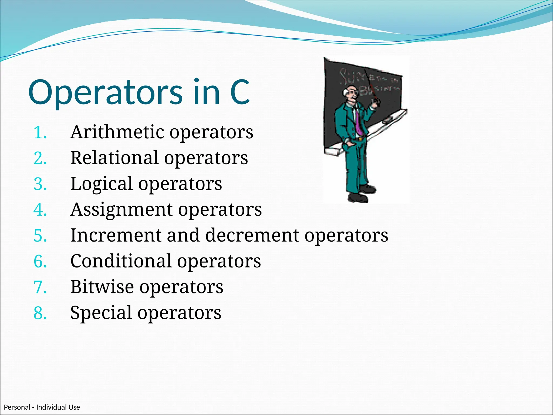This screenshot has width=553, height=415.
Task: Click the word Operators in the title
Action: click(105, 92)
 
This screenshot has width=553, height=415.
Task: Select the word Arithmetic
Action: click(117, 132)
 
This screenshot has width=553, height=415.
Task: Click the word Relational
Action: click(114, 158)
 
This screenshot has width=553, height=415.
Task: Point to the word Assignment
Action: click(121, 210)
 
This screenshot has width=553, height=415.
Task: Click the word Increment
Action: click(116, 235)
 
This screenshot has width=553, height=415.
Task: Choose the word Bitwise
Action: click(102, 287)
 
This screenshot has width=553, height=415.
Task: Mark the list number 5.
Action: click(40, 236)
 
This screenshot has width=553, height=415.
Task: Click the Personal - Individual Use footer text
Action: click(42, 407)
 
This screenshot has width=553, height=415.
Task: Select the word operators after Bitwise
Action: click(181, 287)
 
